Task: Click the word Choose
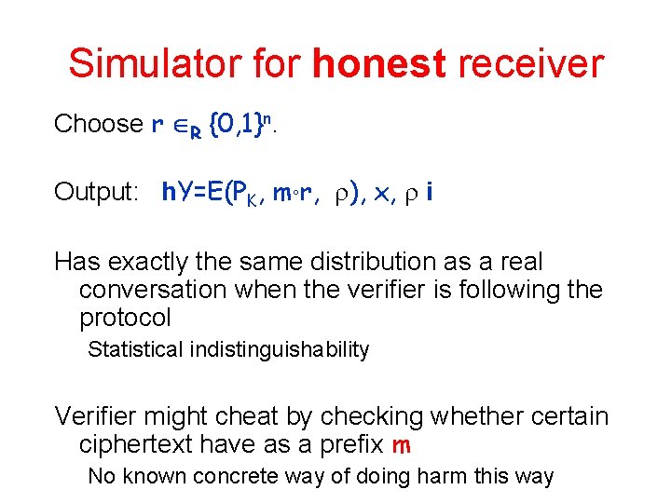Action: click(x=98, y=124)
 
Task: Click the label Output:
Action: click(x=97, y=193)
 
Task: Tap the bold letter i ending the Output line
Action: click(x=428, y=192)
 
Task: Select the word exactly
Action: click(x=155, y=263)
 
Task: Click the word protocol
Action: click(x=126, y=319)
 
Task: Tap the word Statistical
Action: click(x=135, y=350)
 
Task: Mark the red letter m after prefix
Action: click(x=401, y=446)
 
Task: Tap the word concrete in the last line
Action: click(x=262, y=477)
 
